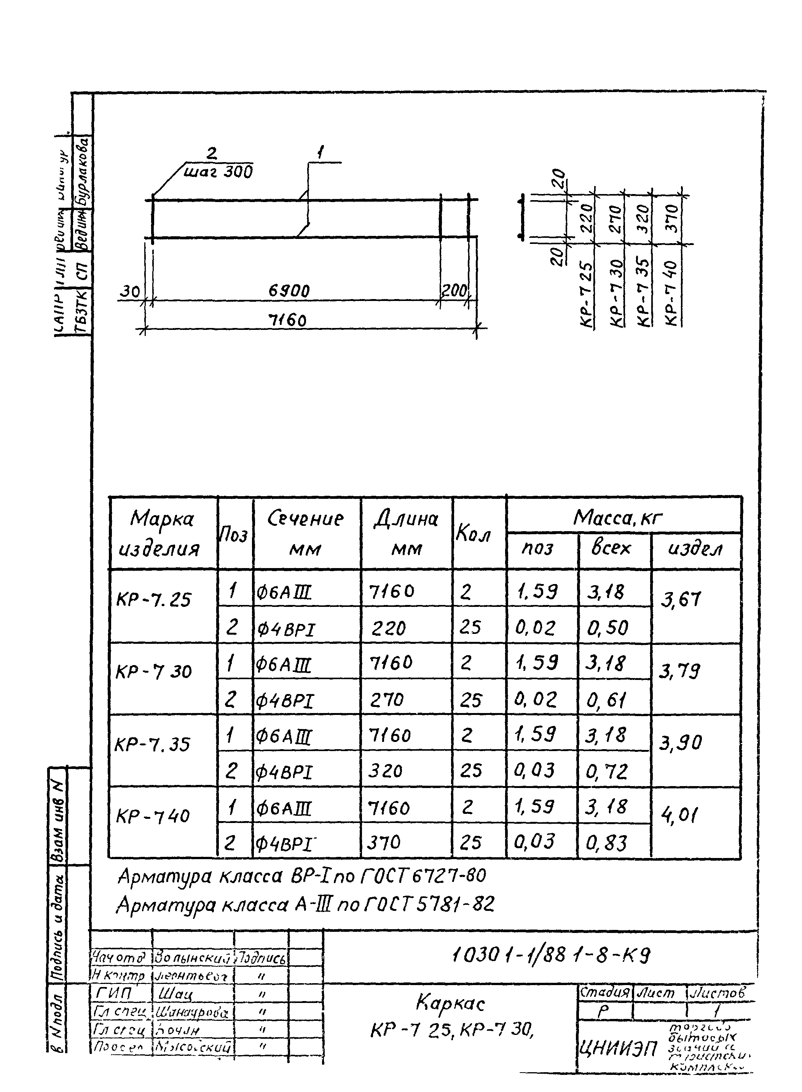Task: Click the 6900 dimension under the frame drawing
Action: tap(289, 291)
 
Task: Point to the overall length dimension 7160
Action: tap(287, 320)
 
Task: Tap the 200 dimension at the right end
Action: tap(454, 291)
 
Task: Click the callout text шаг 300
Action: tap(218, 172)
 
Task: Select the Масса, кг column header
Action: tap(617, 518)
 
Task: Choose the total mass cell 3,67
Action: tap(681, 601)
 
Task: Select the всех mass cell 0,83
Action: tap(606, 843)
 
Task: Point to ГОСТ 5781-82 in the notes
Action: tap(428, 904)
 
